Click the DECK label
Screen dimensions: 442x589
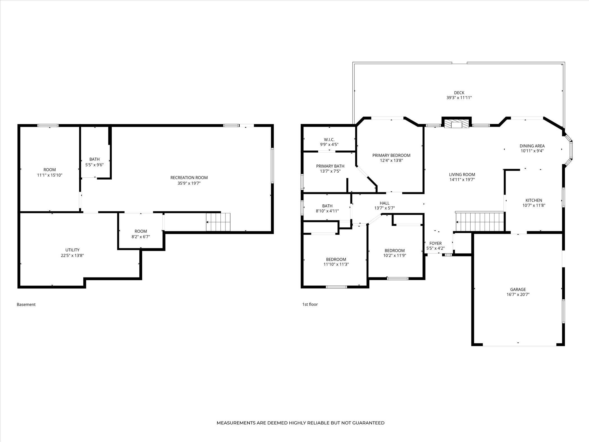tap(459, 93)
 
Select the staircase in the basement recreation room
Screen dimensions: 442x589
tap(218, 222)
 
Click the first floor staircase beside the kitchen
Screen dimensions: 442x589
tap(480, 222)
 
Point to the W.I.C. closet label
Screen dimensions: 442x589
tap(329, 139)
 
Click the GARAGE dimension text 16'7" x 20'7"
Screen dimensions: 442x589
tap(518, 294)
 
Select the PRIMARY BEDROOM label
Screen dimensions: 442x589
tap(391, 155)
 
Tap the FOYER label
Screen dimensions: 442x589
tap(435, 243)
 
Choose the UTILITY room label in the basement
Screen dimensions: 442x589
tap(72, 250)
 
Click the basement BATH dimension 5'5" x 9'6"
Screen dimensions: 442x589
tap(95, 165)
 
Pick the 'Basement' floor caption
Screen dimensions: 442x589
tap(26, 304)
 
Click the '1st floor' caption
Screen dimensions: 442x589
tap(310, 304)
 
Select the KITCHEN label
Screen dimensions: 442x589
tap(533, 200)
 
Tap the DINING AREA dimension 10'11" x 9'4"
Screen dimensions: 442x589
tap(532, 151)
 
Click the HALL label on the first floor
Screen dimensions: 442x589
tap(385, 203)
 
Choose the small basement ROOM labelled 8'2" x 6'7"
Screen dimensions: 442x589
tap(141, 234)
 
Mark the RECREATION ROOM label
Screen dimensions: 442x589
tap(189, 177)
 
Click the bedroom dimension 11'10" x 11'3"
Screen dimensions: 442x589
tap(336, 264)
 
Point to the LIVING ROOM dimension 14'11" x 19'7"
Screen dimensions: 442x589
tap(462, 180)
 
